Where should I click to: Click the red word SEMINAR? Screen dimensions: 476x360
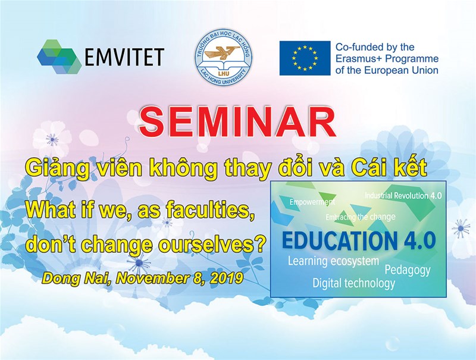tap(237, 122)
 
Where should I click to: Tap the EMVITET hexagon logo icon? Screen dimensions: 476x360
tap(59, 57)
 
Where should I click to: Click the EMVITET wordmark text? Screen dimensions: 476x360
tap(124, 57)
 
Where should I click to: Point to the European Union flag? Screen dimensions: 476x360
tap(305, 58)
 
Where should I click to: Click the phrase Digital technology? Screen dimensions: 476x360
tap(354, 283)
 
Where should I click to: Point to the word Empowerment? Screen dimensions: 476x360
tap(312, 202)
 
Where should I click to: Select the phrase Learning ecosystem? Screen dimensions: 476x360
tap(333, 261)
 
